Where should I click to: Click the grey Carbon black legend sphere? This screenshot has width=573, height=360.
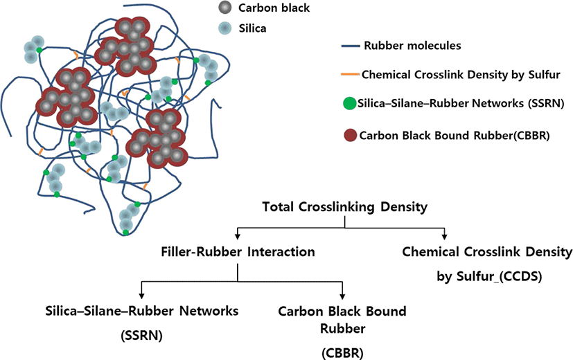tap(224, 8)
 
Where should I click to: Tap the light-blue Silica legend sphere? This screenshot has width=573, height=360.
tap(224, 28)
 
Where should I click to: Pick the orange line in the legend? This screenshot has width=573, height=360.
tap(350, 75)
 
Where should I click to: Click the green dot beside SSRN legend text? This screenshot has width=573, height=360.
tap(350, 103)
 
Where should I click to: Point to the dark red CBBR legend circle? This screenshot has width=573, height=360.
tap(351, 136)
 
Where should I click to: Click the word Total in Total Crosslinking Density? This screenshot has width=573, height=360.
tap(278, 206)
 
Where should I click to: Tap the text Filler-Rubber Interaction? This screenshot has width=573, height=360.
tap(238, 252)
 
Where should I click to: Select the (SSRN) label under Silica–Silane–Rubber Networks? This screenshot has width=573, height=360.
tap(141, 336)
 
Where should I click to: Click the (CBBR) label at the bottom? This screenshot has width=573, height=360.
tap(342, 353)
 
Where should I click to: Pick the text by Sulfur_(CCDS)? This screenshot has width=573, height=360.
tap(489, 276)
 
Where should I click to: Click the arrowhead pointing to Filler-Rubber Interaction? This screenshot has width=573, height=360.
tap(238, 237)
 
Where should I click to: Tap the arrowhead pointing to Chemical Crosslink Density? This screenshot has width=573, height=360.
tap(444, 237)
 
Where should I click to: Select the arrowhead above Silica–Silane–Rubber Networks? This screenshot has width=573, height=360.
tap(141, 296)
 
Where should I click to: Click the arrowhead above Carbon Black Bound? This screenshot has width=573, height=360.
tap(342, 296)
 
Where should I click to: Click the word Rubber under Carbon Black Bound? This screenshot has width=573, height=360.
tap(343, 328)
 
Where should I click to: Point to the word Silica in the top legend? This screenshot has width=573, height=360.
tap(252, 28)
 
